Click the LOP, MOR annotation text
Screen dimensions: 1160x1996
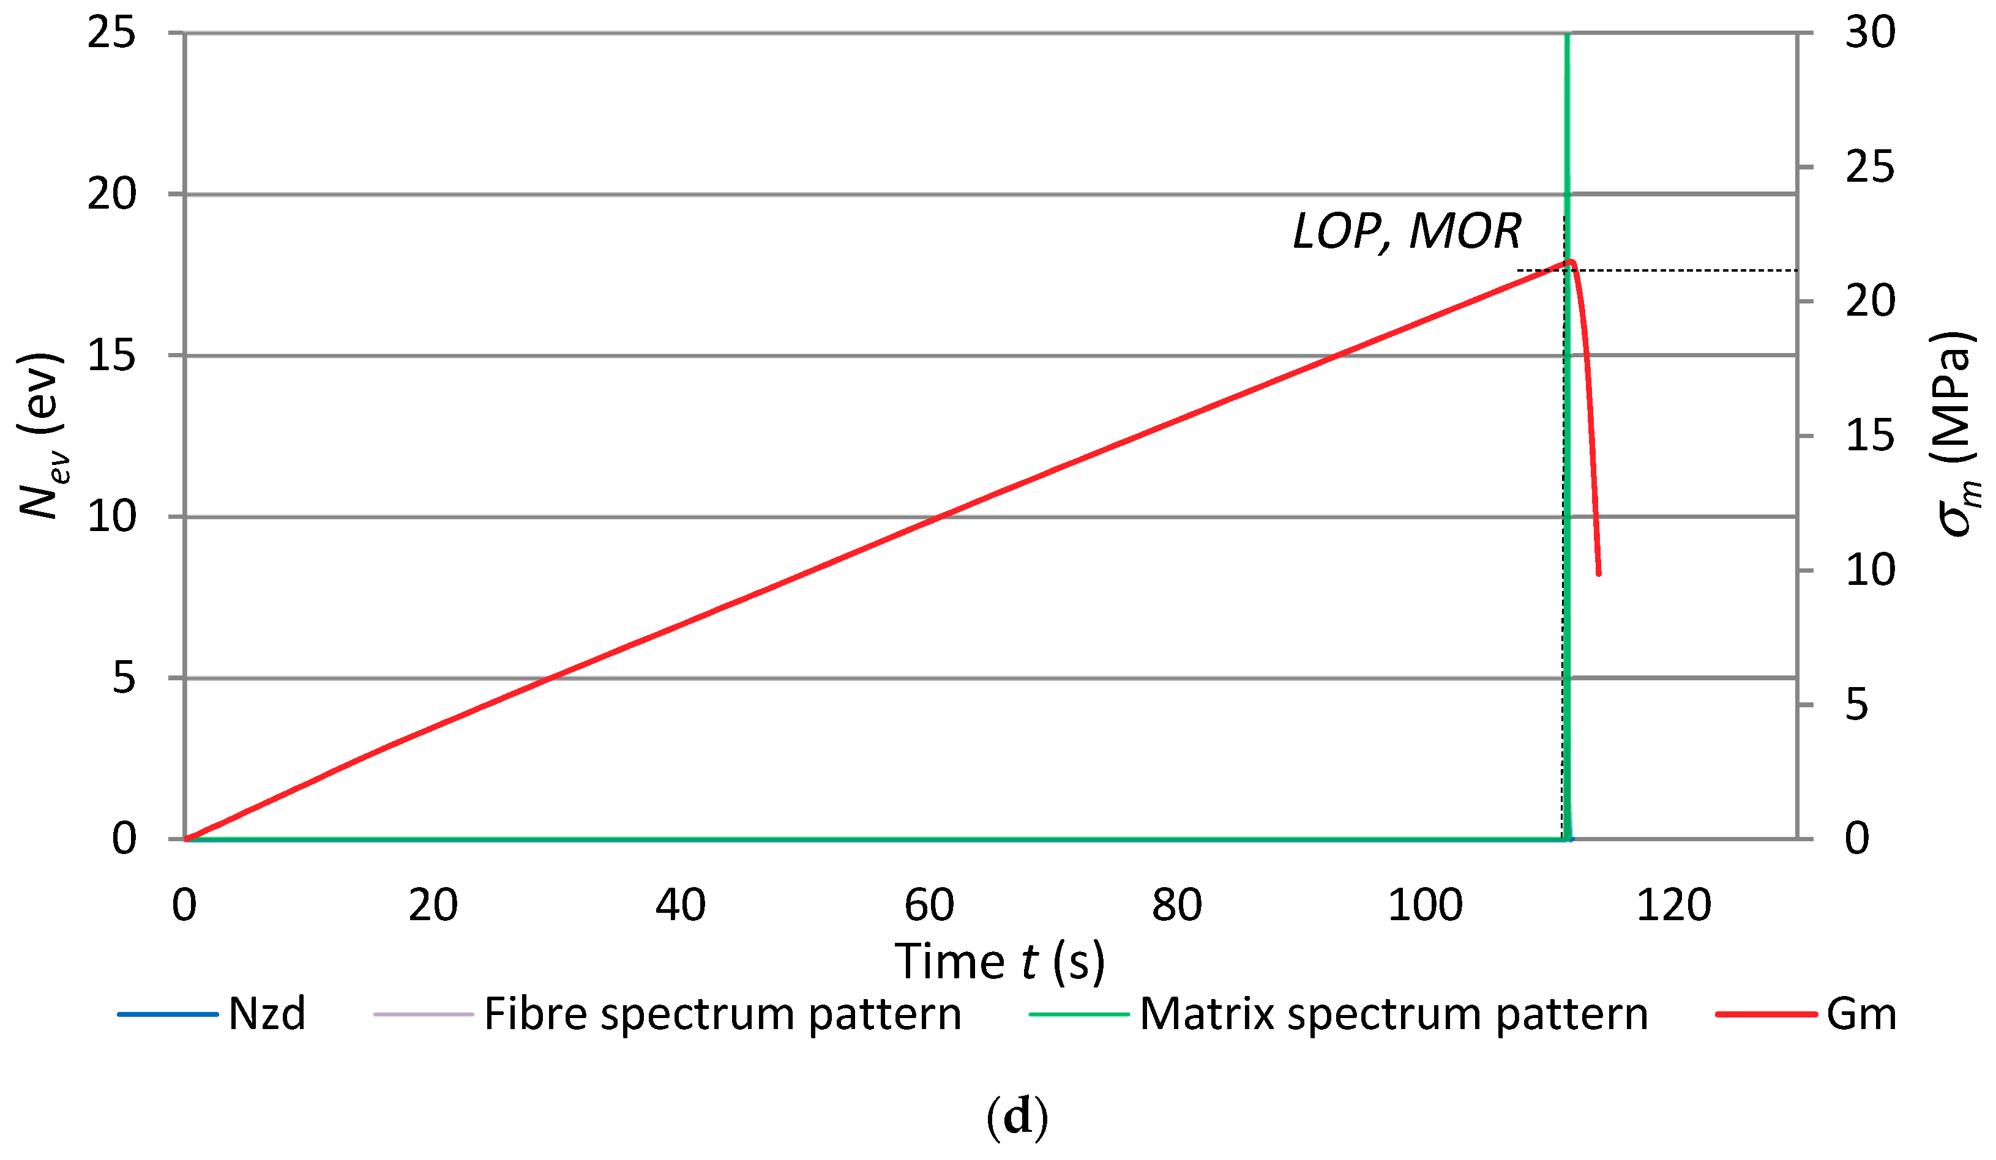[x=1407, y=232]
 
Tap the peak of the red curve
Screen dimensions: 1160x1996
[x=1571, y=261]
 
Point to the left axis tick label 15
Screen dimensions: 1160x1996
[x=111, y=355]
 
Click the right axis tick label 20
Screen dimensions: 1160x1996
[x=1870, y=302]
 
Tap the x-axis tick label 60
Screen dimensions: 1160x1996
[x=929, y=905]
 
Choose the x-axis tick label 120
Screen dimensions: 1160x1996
[x=1673, y=905]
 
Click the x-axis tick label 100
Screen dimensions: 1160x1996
[x=1425, y=905]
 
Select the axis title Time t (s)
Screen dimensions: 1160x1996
[x=1000, y=962]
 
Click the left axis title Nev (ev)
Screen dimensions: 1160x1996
[x=41, y=436]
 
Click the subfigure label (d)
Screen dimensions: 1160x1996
[x=1017, y=1117]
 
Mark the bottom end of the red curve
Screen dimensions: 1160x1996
[x=1598, y=573]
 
